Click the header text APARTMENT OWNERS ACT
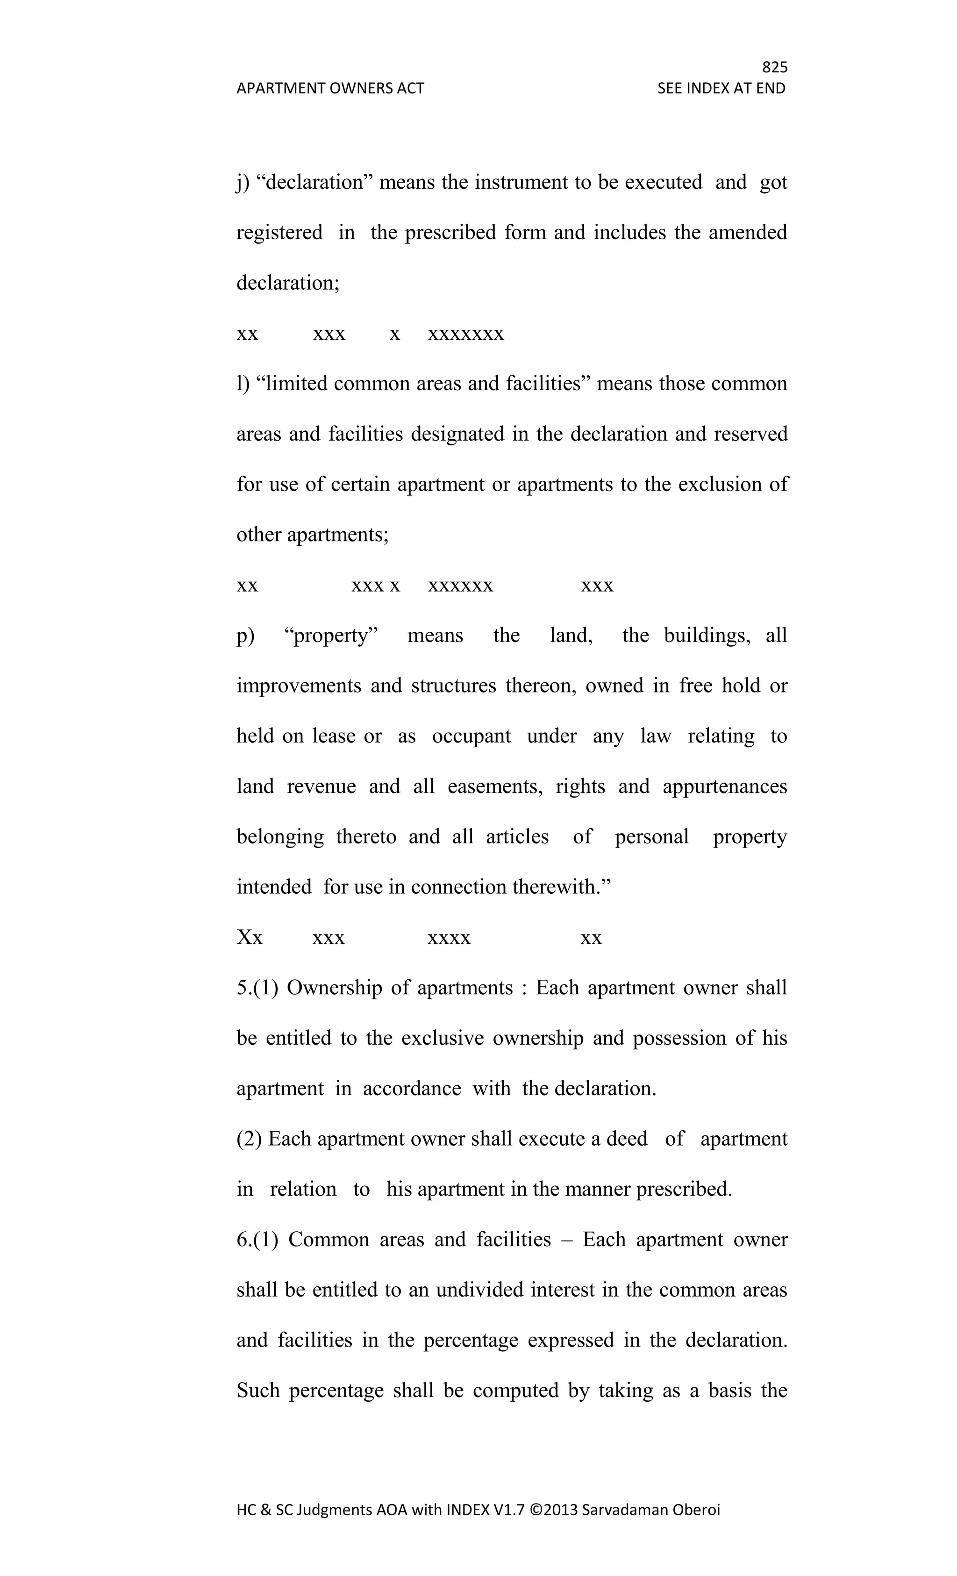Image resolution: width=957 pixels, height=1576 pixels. pyautogui.click(x=330, y=88)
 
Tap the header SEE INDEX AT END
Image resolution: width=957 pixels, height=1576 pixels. pyautogui.click(x=721, y=88)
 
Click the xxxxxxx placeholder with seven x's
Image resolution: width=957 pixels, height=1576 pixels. pyautogui.click(x=466, y=334)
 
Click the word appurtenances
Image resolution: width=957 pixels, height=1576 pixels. pyautogui.click(x=724, y=786)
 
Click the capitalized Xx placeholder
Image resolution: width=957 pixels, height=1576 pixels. pyautogui.click(x=250, y=938)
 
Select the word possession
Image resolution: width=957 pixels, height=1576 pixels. pyautogui.click(x=679, y=1038)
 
